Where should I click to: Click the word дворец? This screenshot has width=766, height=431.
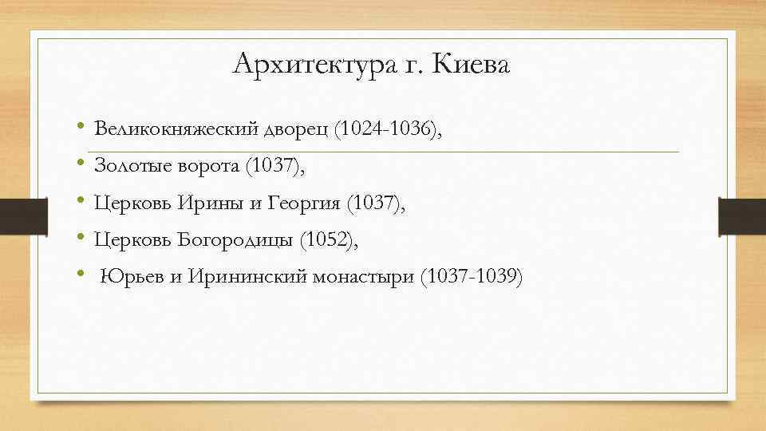point(297,129)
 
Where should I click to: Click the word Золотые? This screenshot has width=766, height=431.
point(130,166)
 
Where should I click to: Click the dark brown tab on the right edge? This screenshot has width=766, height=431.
point(741,216)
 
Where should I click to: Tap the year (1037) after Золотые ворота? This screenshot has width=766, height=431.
point(276,166)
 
